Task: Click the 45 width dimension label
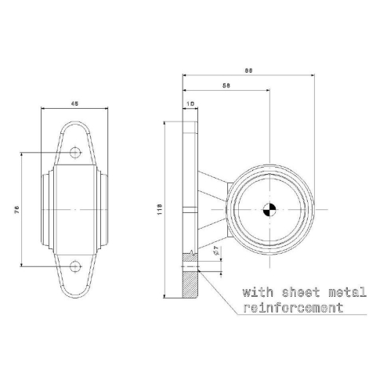[x=75, y=103]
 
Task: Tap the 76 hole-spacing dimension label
[x=16, y=209]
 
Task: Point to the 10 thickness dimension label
[x=191, y=103]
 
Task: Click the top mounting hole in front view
[x=75, y=152]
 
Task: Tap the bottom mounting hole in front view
[x=75, y=266]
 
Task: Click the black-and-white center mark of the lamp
[x=269, y=209]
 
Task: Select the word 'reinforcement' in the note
[x=293, y=308]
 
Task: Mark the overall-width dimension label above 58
[x=249, y=70]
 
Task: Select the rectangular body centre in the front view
[x=75, y=209]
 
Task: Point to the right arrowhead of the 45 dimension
[x=108, y=110]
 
